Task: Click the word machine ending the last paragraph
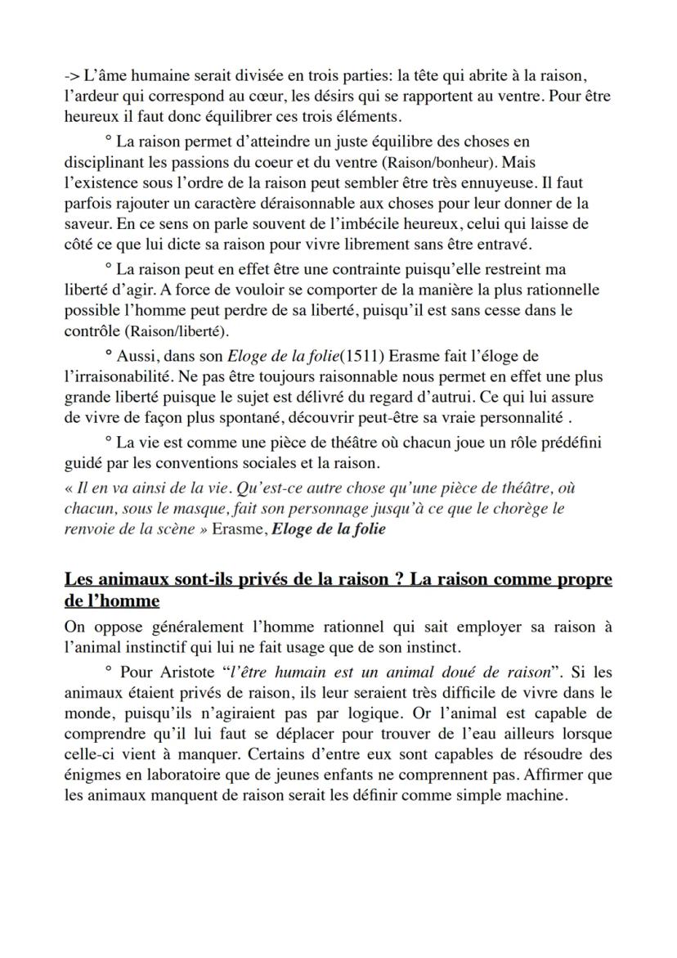(x=537, y=794)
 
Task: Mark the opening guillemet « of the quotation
(x=69, y=488)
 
